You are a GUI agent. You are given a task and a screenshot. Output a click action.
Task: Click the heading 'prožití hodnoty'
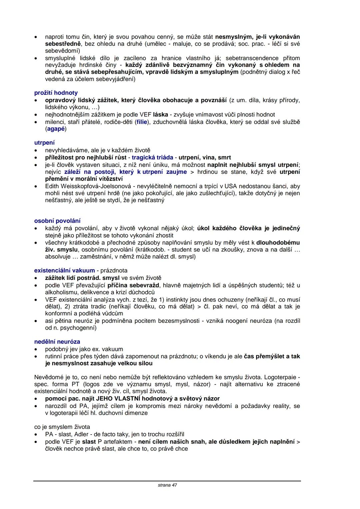[56, 93]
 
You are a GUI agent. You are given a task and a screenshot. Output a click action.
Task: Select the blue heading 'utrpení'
[44, 143]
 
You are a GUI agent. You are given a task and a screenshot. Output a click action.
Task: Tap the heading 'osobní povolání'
[57, 221]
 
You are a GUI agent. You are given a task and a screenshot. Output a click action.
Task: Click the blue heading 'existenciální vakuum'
[64, 271]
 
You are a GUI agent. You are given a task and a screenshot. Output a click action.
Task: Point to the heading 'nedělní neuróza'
[57, 342]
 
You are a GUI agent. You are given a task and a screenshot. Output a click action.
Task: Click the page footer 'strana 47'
[167, 485]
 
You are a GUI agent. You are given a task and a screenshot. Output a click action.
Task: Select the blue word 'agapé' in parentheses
[56, 129]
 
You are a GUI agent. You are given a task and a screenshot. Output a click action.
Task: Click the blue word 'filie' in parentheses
[142, 122]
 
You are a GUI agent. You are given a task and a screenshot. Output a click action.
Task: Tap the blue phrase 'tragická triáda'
[152, 157]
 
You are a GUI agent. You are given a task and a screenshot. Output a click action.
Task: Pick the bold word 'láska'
[160, 114]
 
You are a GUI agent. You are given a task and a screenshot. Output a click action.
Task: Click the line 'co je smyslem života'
[62, 427]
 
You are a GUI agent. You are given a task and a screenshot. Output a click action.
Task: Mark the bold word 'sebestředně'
[63, 44]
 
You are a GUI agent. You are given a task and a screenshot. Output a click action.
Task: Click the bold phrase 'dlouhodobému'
[278, 242]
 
